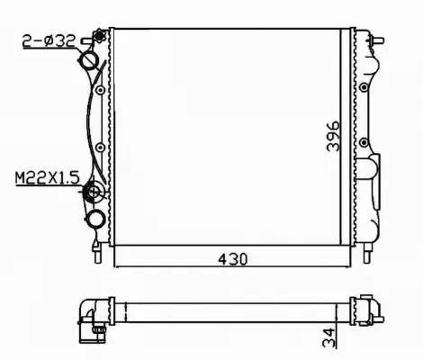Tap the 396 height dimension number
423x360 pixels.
(x=332, y=136)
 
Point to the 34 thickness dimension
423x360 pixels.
(x=332, y=338)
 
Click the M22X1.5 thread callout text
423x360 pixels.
(x=44, y=178)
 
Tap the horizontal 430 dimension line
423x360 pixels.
(x=180, y=267)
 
